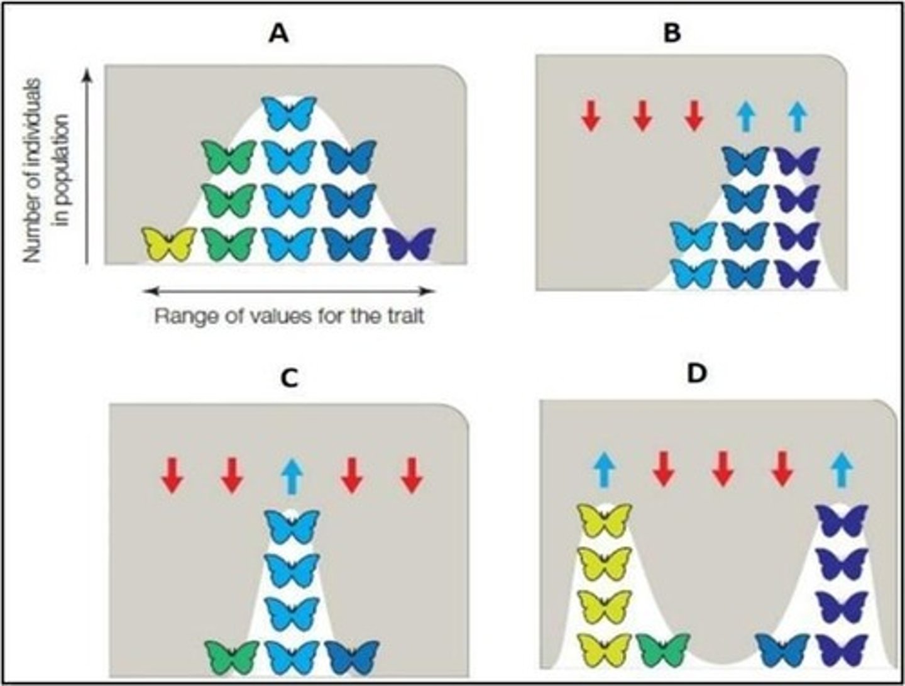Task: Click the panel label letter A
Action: (278, 34)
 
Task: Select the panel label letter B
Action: (672, 33)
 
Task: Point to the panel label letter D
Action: (697, 373)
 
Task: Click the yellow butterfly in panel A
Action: (168, 244)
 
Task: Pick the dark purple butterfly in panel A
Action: (410, 244)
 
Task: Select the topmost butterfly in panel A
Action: (288, 113)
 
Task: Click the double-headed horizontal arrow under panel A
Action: (288, 290)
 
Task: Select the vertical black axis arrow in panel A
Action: (89, 167)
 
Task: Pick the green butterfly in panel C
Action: (233, 657)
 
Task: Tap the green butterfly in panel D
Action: (664, 650)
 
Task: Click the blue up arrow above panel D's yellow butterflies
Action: (605, 470)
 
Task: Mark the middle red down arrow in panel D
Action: (723, 470)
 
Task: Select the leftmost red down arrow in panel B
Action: (590, 116)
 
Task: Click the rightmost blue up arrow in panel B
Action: (797, 117)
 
